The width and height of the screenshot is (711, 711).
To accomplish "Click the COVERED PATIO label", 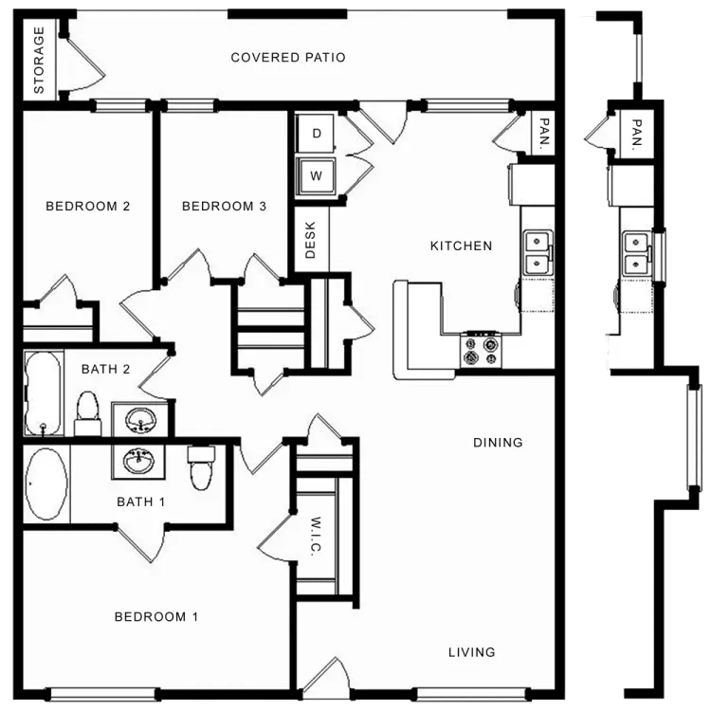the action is coord(288,58).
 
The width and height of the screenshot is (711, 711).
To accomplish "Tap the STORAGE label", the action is coord(39,61).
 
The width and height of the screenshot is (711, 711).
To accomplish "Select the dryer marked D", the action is coord(316,134).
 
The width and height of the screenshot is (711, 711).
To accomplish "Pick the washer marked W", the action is coord(316,175).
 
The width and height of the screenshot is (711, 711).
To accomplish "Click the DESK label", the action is coord(310,240).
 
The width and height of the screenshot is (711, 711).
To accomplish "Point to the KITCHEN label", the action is coord(461,246).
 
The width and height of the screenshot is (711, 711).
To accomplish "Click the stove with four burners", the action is coord(481,350).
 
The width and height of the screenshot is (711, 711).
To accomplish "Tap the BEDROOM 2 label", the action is coord(88,207).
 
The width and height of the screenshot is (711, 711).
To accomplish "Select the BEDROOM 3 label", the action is coord(224,207).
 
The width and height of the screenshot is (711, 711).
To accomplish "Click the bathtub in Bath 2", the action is coord(43,392).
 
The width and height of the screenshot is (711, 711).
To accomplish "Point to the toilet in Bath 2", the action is coord(88,413).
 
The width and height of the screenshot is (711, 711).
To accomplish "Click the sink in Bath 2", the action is coord(140,419).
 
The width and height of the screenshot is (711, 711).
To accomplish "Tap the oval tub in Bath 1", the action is coord(46,483).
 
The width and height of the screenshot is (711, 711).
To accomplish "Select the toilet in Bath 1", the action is coord(201,468).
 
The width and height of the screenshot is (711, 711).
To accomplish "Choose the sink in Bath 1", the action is coord(138,461).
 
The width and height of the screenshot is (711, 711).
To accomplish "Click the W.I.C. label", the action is coord(316,536).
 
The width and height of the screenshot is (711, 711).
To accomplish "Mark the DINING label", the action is coord(498,443).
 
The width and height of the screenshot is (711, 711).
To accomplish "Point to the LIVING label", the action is coord(471,652).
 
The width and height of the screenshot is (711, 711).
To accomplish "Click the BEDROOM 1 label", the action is coord(156,617).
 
